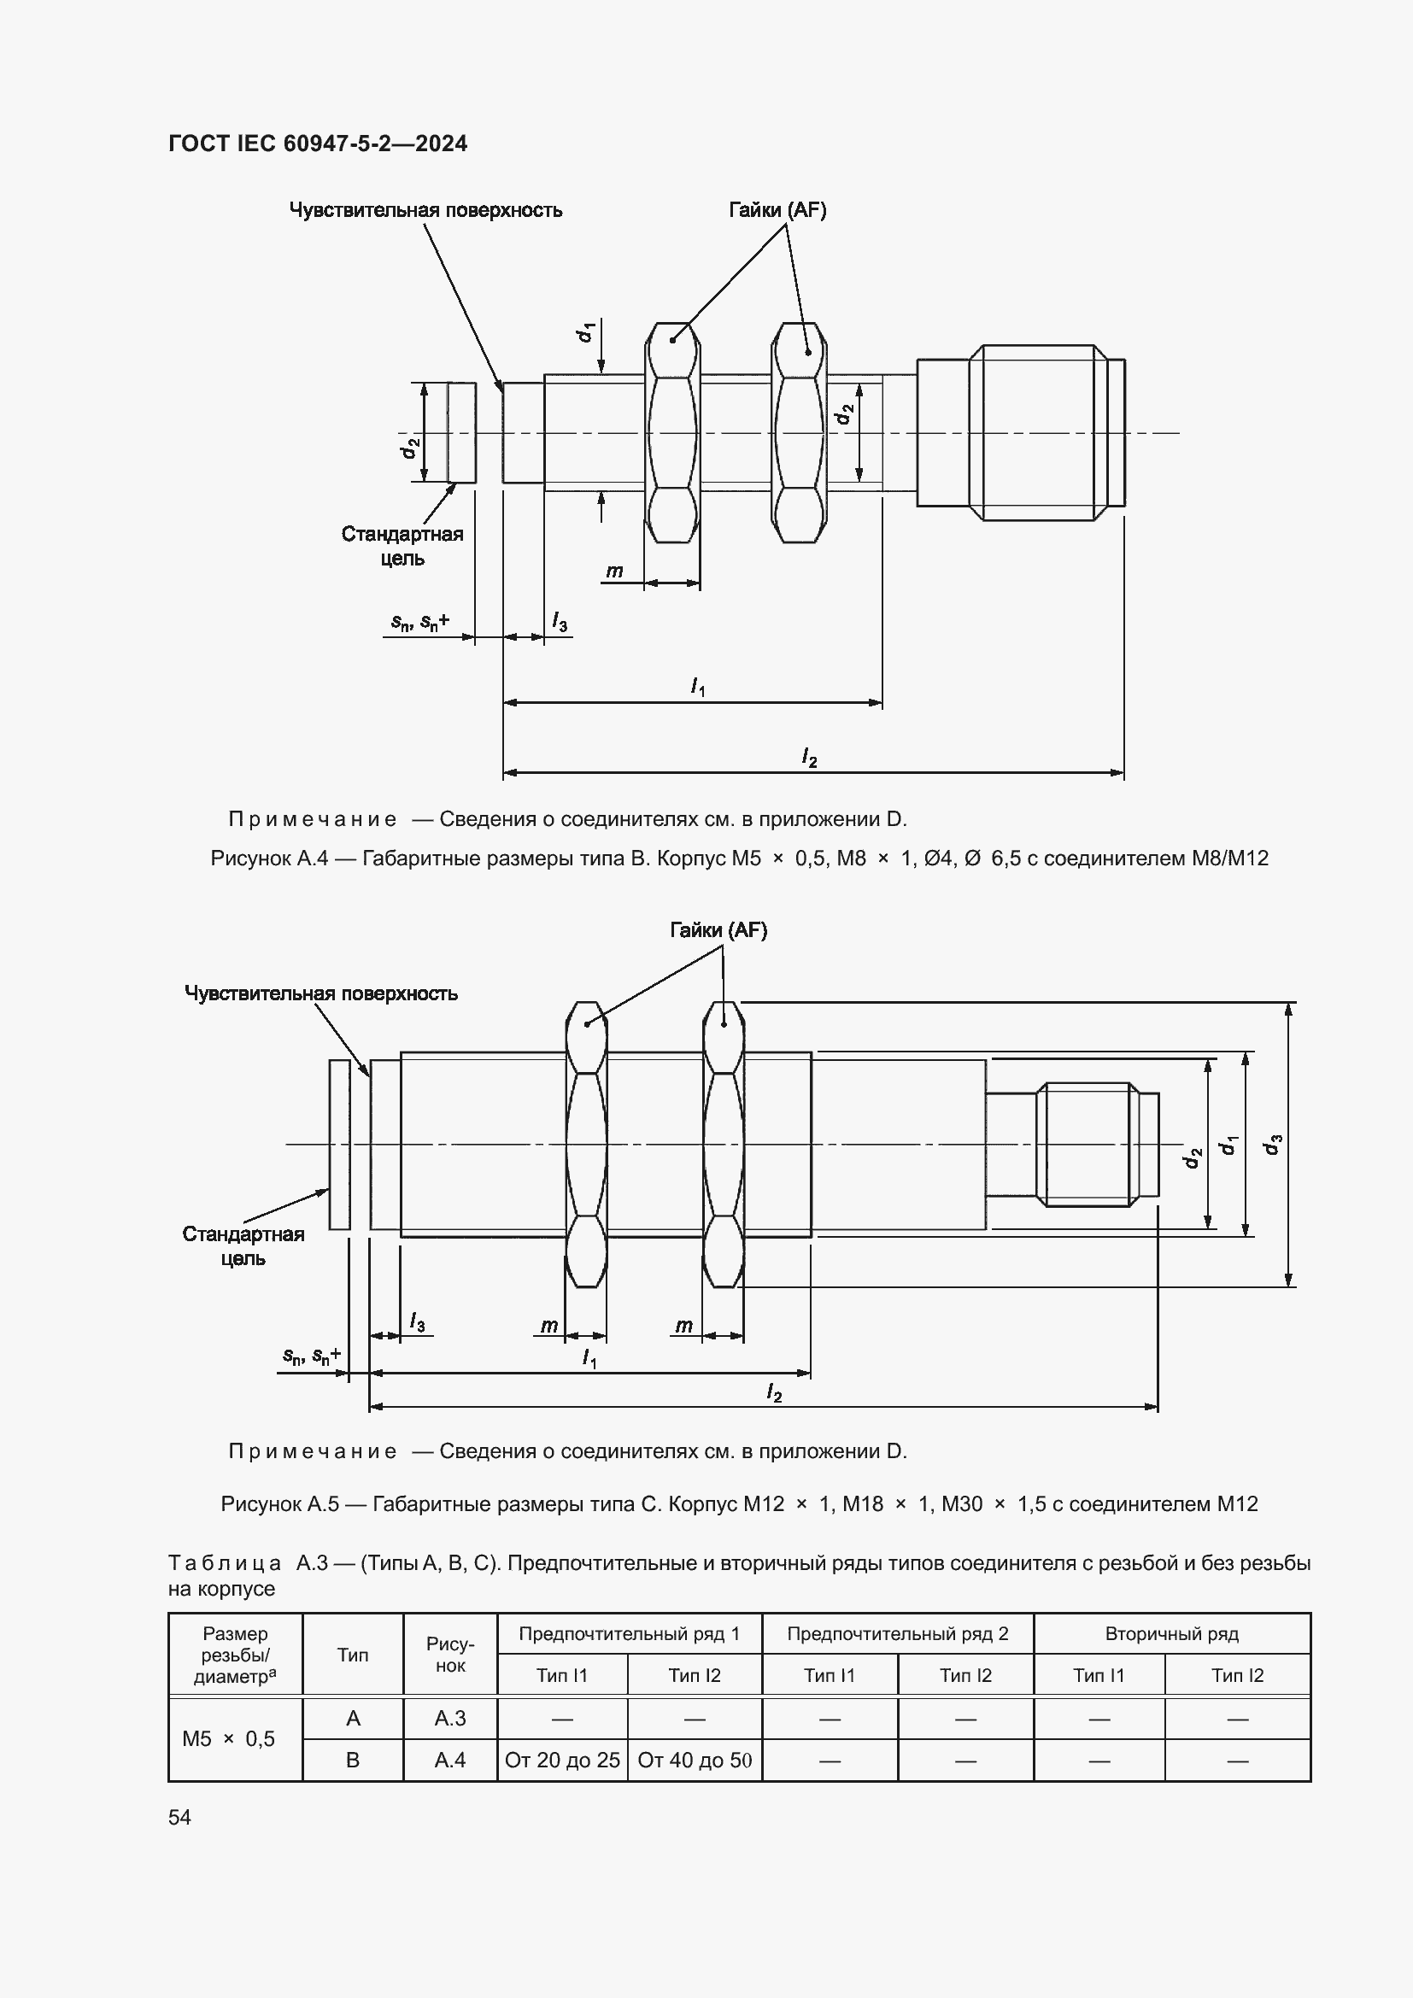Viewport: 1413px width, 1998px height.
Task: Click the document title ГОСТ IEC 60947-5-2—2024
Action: tap(318, 144)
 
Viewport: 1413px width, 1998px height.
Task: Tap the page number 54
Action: tap(179, 1817)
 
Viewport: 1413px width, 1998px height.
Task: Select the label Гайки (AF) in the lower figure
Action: tap(718, 930)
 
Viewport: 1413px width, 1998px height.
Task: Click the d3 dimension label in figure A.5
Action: tap(1274, 1145)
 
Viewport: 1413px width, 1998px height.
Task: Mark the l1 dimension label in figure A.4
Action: tap(697, 687)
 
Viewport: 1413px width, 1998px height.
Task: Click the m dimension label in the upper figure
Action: tap(614, 571)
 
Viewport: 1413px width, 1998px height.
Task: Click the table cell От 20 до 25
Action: tap(562, 1761)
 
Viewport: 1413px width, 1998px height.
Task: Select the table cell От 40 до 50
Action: tap(695, 1761)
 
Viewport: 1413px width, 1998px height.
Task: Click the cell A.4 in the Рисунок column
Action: tap(450, 1761)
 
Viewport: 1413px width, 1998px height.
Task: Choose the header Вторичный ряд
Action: tap(1171, 1633)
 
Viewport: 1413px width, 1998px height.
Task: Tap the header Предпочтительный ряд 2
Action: tap(897, 1633)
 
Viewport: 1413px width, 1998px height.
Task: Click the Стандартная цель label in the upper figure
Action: tap(402, 546)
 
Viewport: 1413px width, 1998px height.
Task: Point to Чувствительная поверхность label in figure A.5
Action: tap(320, 993)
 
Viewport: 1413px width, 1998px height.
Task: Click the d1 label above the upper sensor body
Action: tap(586, 331)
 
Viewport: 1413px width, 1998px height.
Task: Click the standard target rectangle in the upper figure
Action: tap(462, 432)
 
